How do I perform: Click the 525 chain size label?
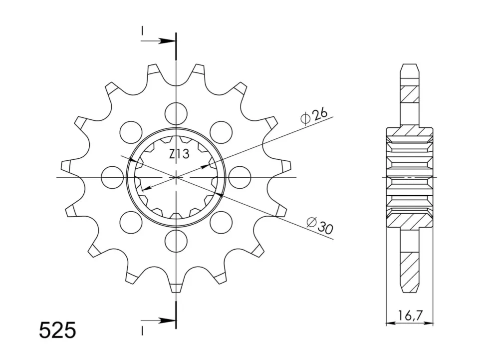[57, 330]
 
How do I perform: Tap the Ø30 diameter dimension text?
[320, 225]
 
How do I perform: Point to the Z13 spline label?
[179, 154]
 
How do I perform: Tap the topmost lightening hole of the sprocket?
[176, 113]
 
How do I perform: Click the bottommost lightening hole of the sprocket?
[176, 241]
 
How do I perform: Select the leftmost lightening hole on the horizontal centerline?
[112, 177]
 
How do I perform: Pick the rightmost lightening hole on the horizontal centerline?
[240, 177]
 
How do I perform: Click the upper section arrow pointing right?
[158, 41]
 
